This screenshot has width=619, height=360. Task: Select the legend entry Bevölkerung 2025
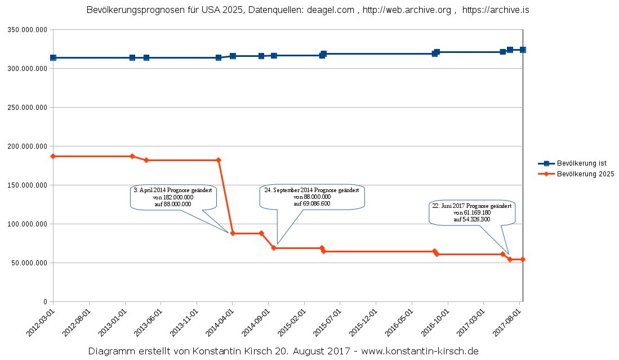click(585, 174)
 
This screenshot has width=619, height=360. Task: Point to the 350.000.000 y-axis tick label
click(26, 29)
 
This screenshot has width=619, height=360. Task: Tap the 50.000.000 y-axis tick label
click(28, 263)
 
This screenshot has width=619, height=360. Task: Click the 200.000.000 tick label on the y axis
click(26, 146)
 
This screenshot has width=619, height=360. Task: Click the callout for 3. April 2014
click(172, 197)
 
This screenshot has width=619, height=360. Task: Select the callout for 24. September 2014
click(312, 197)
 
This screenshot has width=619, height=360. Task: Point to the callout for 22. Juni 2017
click(471, 212)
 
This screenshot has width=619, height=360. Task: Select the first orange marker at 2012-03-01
click(53, 156)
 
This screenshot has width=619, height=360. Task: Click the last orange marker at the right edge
click(523, 259)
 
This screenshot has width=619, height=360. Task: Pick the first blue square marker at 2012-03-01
click(53, 57)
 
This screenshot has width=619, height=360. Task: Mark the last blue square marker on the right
click(523, 50)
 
